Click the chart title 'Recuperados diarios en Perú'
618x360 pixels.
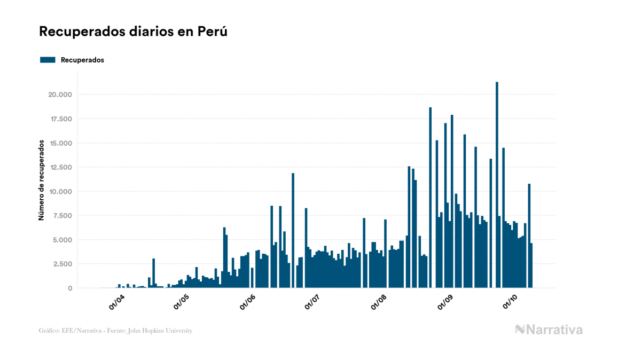point(133,32)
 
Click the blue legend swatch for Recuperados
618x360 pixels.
point(48,60)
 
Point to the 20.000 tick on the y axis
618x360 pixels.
point(60,95)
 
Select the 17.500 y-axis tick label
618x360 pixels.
point(60,119)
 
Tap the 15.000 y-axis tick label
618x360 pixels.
point(60,143)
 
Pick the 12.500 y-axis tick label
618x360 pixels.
point(60,167)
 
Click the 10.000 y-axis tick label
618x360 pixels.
point(60,191)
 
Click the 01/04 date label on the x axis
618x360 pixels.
point(116,302)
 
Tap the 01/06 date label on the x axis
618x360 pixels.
point(248,302)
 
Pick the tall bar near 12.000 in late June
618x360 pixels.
point(293,230)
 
